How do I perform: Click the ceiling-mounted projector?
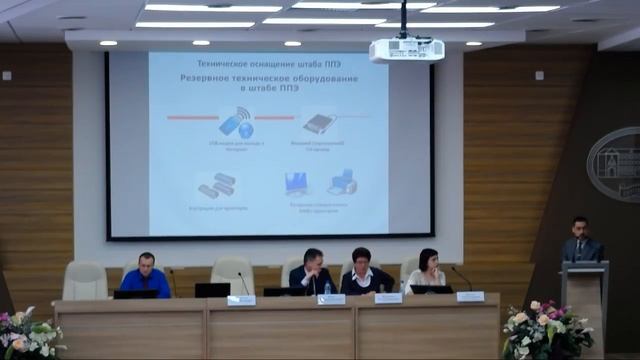(x=406, y=49)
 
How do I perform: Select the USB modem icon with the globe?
(x=236, y=125)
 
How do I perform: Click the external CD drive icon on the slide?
(x=319, y=124)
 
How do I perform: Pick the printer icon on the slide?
(x=342, y=183)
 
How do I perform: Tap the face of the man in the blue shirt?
(x=147, y=263)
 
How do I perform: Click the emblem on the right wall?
(x=613, y=165)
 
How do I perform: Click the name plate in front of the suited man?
(x=331, y=299)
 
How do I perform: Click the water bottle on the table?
(x=327, y=288)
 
